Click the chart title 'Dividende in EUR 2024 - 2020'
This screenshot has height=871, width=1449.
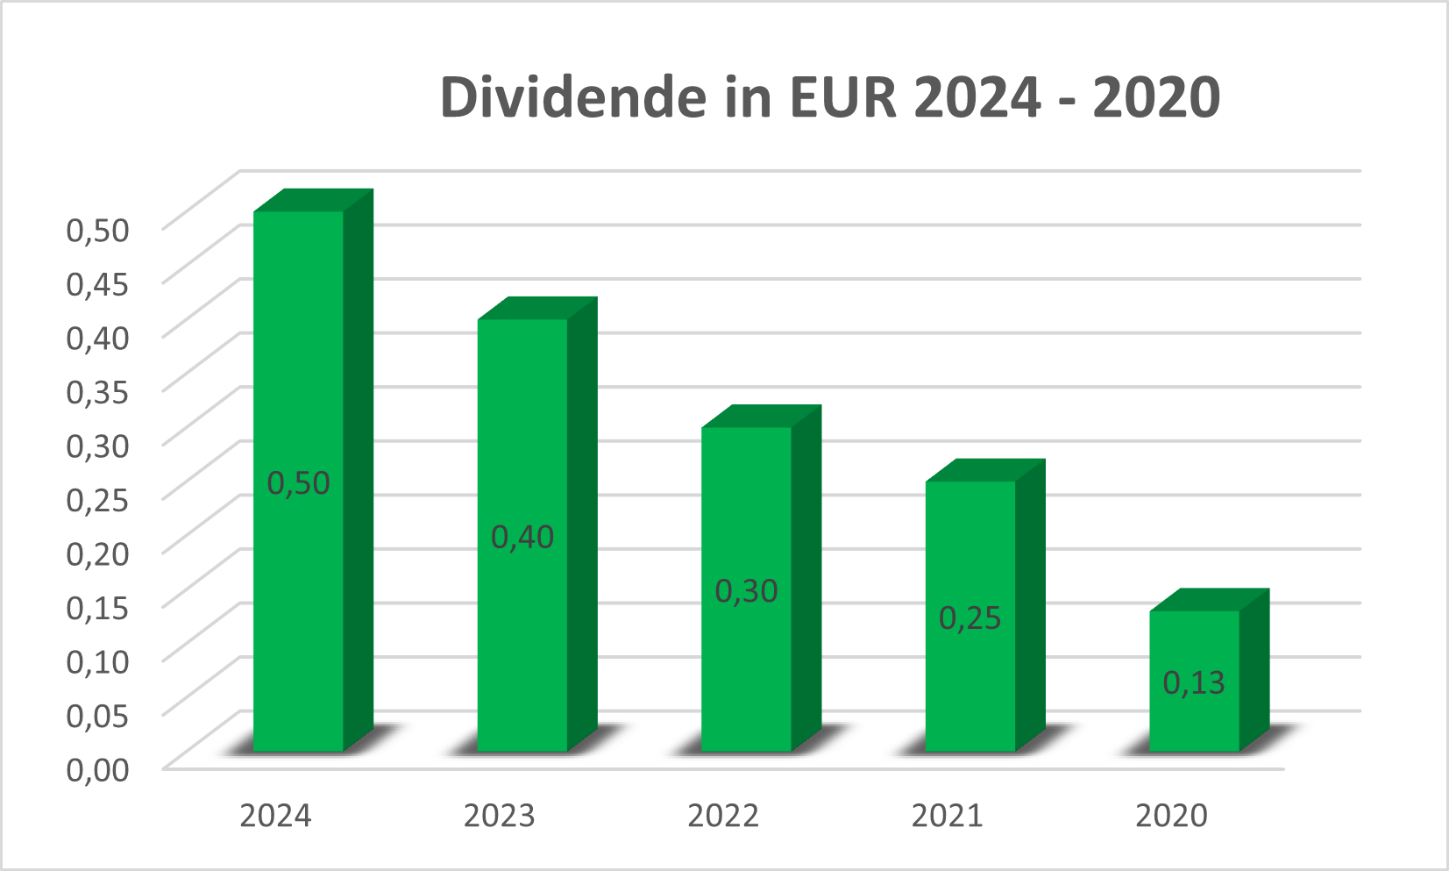point(829,96)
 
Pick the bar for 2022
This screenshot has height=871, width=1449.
point(747,509)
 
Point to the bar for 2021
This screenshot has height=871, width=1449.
point(970,544)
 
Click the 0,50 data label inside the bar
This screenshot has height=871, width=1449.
point(299,483)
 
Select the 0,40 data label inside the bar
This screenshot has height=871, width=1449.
point(522,537)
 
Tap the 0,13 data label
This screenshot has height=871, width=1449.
point(1194,682)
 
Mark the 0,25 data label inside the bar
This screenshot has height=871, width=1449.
point(970,618)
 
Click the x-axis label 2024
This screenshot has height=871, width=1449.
point(275,816)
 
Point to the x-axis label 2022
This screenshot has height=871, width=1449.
point(723,816)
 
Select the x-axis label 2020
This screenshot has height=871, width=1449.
point(1171,816)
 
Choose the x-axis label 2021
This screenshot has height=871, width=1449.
point(947,816)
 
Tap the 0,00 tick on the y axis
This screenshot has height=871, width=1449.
point(98,769)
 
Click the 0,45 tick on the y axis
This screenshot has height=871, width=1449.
point(98,283)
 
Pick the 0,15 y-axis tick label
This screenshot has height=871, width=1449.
point(98,607)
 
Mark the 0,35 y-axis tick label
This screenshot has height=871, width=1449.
point(98,391)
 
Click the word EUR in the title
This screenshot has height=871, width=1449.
point(843,96)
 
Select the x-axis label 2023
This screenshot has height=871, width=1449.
point(499,816)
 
